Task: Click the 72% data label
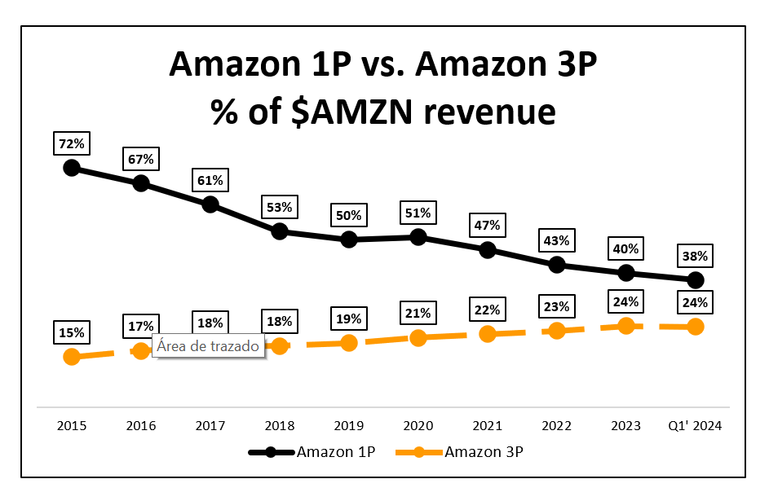[72, 144]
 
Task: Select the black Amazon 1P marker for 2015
[72, 168]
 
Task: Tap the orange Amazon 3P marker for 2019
[349, 342]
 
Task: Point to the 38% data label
[696, 257]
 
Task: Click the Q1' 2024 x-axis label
[696, 425]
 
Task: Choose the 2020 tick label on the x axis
[418, 425]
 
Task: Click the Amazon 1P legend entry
[313, 451]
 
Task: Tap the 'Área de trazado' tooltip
[208, 346]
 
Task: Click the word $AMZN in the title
[347, 112]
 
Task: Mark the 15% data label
[72, 332]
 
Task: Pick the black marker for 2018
[280, 231]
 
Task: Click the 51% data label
[418, 213]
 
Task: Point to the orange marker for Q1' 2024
[696, 327]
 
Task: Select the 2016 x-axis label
[141, 425]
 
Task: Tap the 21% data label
[418, 314]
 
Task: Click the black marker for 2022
[557, 265]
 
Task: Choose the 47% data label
[488, 226]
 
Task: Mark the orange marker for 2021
[488, 334]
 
